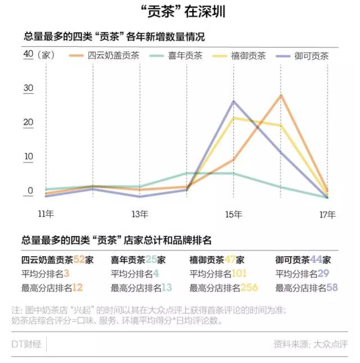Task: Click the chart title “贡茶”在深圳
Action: (180, 12)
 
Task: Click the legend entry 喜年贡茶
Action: (184, 55)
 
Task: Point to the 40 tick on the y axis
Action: (29, 54)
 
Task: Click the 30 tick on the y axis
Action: (29, 88)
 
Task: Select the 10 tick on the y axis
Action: (29, 157)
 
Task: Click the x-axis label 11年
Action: (46, 214)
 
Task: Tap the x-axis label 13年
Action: (139, 214)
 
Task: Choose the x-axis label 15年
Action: (233, 214)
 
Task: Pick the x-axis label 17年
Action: (327, 214)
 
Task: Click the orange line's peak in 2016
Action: (281, 95)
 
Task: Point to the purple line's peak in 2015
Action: (233, 101)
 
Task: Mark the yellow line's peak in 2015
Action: (233, 117)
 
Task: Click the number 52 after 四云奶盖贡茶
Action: (78, 259)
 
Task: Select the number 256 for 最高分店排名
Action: (250, 288)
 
